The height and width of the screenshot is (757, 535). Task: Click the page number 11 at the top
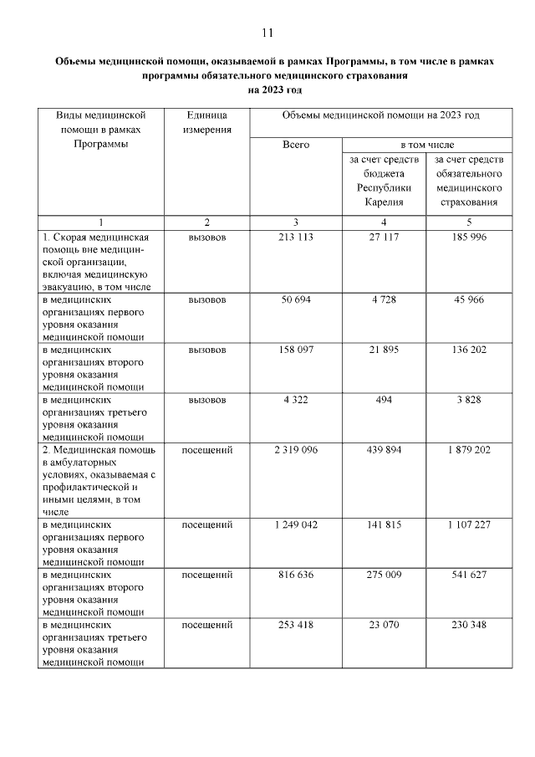(267, 33)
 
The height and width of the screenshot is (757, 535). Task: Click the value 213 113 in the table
(296, 238)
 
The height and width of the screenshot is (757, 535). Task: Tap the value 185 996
(469, 238)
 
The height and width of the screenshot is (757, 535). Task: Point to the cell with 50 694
(296, 299)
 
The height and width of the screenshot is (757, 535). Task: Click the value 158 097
(296, 349)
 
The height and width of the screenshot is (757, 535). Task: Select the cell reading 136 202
(469, 349)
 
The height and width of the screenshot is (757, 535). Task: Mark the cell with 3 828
(469, 400)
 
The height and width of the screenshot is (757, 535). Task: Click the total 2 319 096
(296, 450)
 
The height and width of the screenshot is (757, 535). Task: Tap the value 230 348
(469, 625)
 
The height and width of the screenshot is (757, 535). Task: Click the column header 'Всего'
(296, 145)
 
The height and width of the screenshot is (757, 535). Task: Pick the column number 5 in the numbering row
(469, 222)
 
